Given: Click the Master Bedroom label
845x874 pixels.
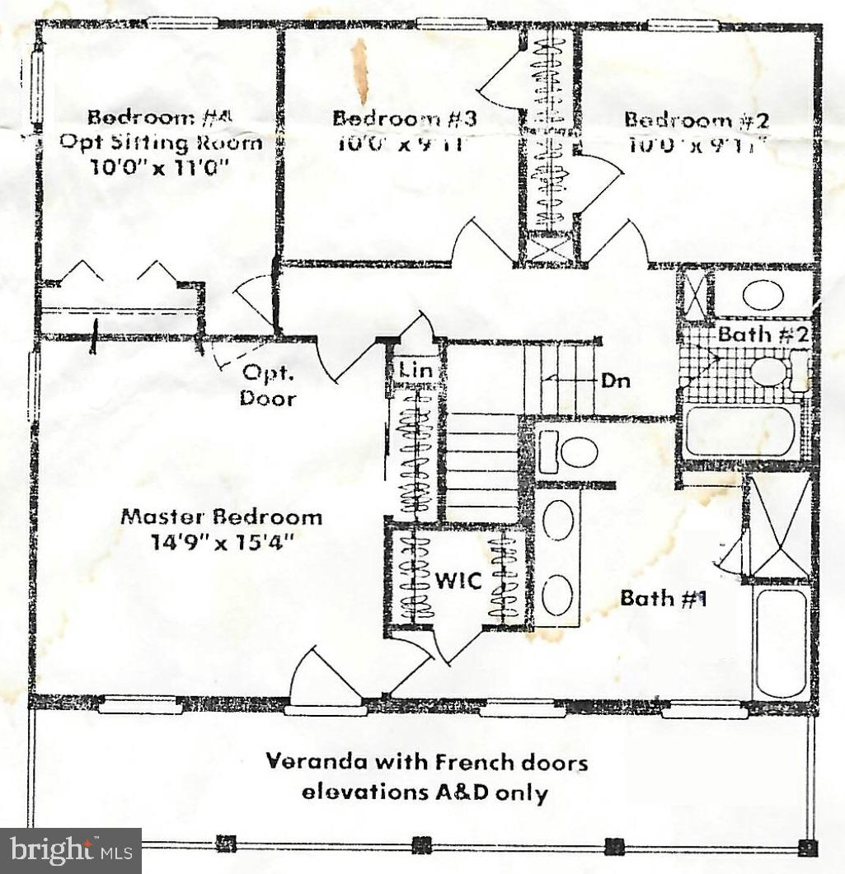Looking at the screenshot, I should click(x=221, y=517).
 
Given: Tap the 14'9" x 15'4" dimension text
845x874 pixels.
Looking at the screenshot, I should click(x=221, y=543).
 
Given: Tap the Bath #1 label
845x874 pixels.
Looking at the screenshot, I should click(x=664, y=598).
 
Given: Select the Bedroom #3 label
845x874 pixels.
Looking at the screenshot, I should click(x=405, y=118).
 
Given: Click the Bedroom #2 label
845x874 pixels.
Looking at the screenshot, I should click(x=696, y=119).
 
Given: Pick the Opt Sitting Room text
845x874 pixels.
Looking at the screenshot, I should click(x=161, y=142).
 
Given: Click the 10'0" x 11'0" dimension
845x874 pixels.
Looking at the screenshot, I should click(x=156, y=168).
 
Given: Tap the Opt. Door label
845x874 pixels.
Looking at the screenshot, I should click(x=268, y=386).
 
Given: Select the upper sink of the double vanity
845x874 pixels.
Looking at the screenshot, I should click(x=559, y=521).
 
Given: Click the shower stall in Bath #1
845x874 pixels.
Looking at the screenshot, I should click(x=778, y=526).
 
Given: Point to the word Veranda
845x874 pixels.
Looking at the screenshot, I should click(x=310, y=761).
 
